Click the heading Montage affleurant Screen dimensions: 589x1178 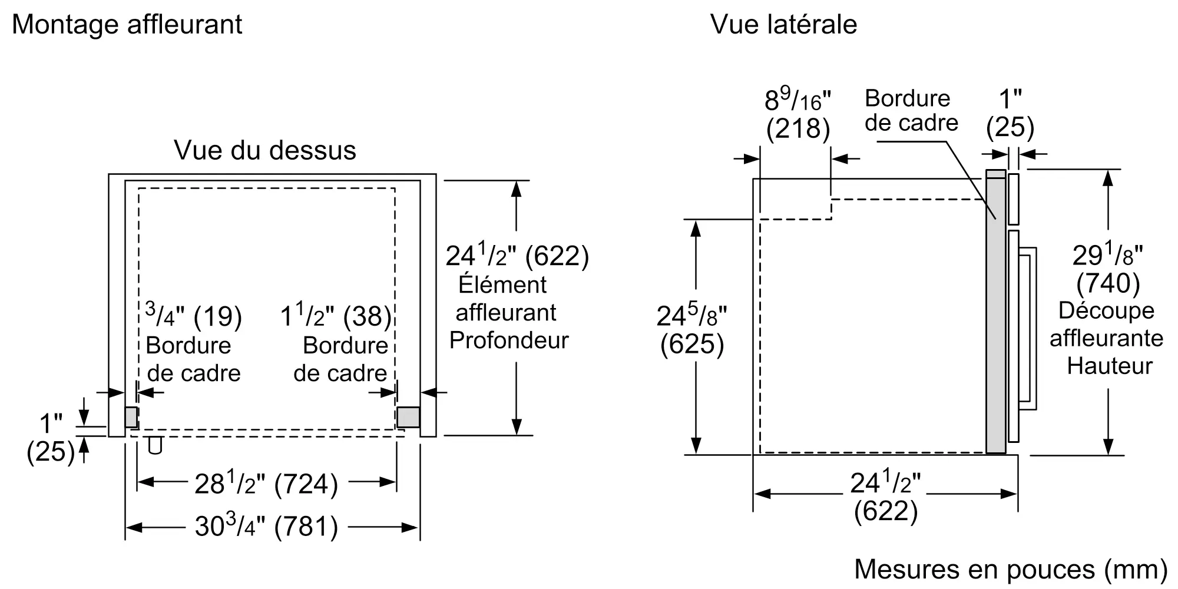pos(127,25)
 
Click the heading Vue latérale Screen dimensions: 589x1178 pos(783,25)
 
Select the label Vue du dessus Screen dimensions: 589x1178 pos(265,151)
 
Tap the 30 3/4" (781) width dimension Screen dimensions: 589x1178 pos(266,526)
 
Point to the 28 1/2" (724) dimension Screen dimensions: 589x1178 pos(266,484)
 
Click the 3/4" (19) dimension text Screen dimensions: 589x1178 pos(193,316)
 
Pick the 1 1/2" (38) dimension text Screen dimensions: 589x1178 pos(336,316)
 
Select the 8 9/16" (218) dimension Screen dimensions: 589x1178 pos(798,115)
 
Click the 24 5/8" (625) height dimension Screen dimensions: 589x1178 pos(692,330)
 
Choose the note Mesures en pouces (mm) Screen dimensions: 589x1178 pos(1011,569)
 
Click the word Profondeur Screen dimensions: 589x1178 pos(509,340)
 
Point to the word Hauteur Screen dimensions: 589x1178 pos(1110,366)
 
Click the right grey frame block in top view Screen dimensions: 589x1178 pos(408,417)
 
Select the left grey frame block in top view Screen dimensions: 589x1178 pos(131,417)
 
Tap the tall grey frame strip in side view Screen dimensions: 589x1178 pos(995,312)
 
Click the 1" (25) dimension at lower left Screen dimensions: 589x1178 pos(51,438)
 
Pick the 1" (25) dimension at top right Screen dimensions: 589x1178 pos(1010,114)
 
